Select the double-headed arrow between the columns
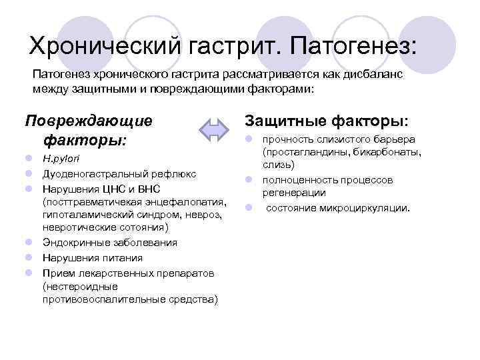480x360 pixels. tap(215, 130)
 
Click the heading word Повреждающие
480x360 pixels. tap(88, 121)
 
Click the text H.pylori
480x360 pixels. tap(59, 160)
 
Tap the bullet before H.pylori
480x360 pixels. tap(31, 160)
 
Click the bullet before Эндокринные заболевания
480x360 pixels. tap(31, 243)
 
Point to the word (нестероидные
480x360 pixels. tap(74, 286)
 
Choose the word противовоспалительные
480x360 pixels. tap(97, 299)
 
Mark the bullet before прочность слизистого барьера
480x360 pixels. tap(247, 139)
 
